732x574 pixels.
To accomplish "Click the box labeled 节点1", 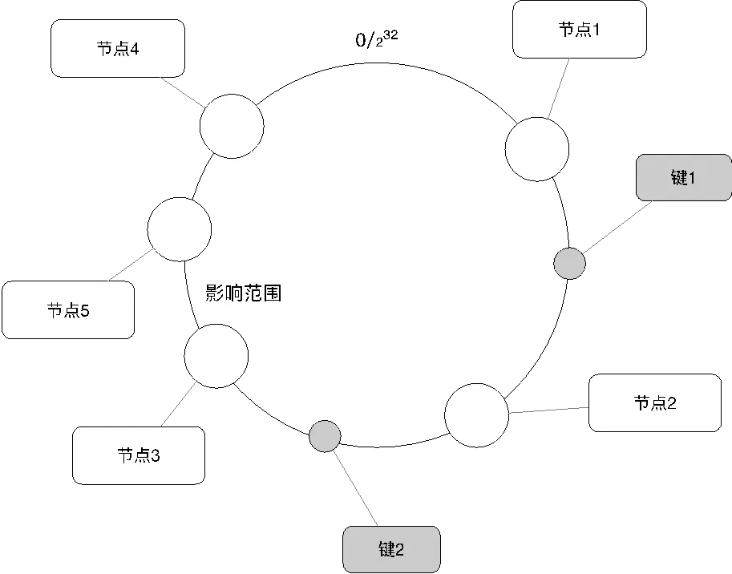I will click(579, 30).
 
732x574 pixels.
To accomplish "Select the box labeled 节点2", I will click(655, 403).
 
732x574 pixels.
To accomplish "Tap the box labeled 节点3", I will click(138, 455).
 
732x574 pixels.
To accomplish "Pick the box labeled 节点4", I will click(118, 49).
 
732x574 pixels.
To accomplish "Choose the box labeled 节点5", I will click(68, 309).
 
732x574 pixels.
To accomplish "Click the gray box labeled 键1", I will click(683, 178).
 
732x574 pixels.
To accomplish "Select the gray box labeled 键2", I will click(391, 549).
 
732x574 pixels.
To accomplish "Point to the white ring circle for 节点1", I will click(537, 148).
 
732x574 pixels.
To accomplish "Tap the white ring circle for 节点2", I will click(476, 414).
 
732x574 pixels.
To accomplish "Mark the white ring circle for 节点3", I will click(216, 356).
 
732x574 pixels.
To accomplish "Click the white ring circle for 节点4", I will click(232, 126).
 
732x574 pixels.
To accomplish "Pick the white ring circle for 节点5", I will click(180, 229).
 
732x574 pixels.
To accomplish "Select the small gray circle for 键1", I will click(570, 263).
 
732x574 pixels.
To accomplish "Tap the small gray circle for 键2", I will click(325, 435).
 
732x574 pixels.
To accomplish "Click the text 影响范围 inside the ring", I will click(244, 293).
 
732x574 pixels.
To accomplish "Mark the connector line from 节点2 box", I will click(548, 412).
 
